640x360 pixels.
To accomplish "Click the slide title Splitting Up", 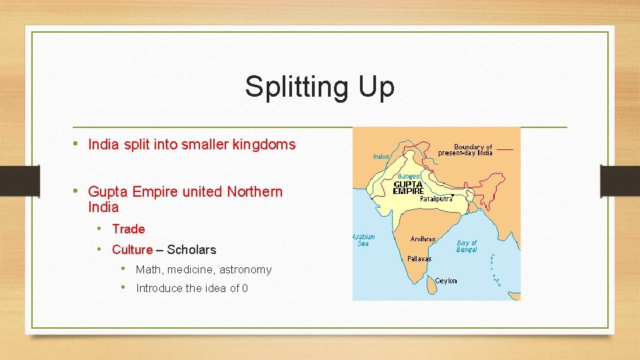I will click(319, 87).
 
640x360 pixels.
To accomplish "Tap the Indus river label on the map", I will click(381, 157).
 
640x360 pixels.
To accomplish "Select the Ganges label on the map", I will click(409, 176).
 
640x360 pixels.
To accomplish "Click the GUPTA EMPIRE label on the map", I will click(409, 187).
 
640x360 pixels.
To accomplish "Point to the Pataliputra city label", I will click(436, 199).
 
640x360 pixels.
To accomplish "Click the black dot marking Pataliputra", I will click(453, 195).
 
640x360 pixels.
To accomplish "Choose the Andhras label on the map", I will click(423, 239).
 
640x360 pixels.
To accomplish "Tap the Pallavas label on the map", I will click(419, 259).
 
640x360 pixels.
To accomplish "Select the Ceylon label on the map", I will click(446, 281).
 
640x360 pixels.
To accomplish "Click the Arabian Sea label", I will click(363, 240).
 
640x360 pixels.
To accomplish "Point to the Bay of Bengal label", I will click(467, 246).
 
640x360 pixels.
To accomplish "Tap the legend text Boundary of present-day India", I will click(465, 150).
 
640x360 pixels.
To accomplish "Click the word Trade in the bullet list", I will click(129, 229).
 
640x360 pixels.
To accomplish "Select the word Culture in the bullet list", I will click(133, 250).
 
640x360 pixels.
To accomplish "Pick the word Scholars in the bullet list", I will click(191, 250).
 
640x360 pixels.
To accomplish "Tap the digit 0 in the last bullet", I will click(245, 289).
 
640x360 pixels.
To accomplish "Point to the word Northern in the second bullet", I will click(255, 192).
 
